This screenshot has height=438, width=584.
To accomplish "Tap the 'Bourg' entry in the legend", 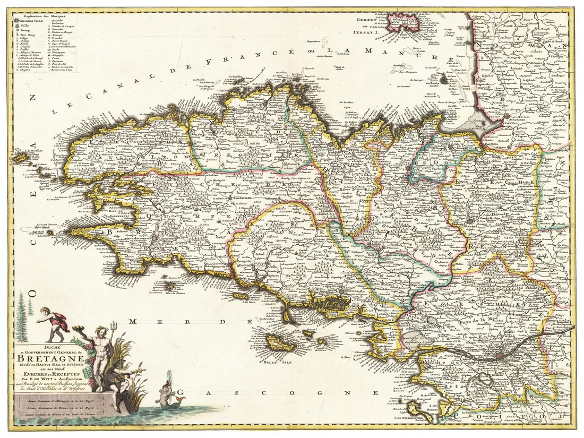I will pyautogui.click(x=25, y=32).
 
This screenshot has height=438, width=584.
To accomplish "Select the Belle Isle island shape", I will pyautogui.click(x=281, y=345).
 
